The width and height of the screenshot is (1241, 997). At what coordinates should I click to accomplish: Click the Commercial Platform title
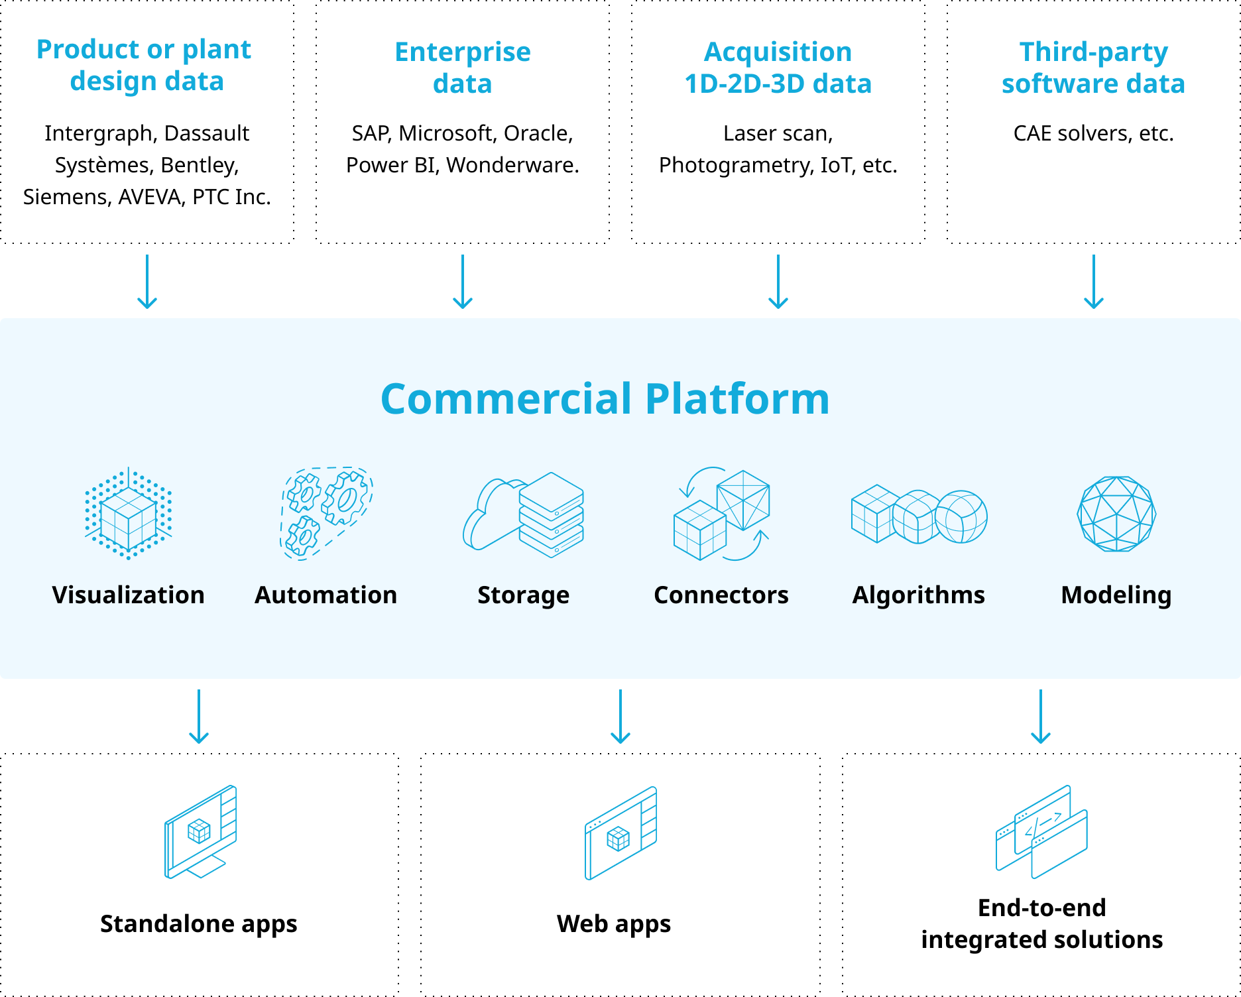click(x=605, y=399)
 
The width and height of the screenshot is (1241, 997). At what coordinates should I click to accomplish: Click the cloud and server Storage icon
click(x=523, y=514)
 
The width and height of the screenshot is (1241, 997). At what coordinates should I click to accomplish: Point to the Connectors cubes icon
click(x=721, y=514)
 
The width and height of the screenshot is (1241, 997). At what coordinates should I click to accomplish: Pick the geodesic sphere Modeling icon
click(x=1117, y=514)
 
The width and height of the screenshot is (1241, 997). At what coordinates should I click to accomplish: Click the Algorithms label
click(x=918, y=595)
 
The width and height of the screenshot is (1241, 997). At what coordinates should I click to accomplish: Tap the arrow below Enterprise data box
click(x=463, y=282)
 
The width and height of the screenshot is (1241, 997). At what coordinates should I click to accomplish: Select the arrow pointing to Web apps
click(x=620, y=717)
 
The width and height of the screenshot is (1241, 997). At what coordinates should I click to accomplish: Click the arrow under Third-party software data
click(x=1094, y=282)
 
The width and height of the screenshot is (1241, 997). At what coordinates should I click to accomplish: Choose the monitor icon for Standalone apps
click(x=200, y=832)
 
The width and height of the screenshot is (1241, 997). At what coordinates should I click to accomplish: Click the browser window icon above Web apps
click(x=620, y=833)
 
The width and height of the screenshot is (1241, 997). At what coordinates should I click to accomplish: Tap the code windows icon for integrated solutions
click(x=1041, y=832)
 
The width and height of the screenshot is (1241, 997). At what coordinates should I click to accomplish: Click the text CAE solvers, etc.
click(x=1094, y=133)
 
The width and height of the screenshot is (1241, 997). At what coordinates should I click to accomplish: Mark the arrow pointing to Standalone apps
click(x=199, y=717)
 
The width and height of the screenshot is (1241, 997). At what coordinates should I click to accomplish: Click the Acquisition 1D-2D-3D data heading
click(x=778, y=68)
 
